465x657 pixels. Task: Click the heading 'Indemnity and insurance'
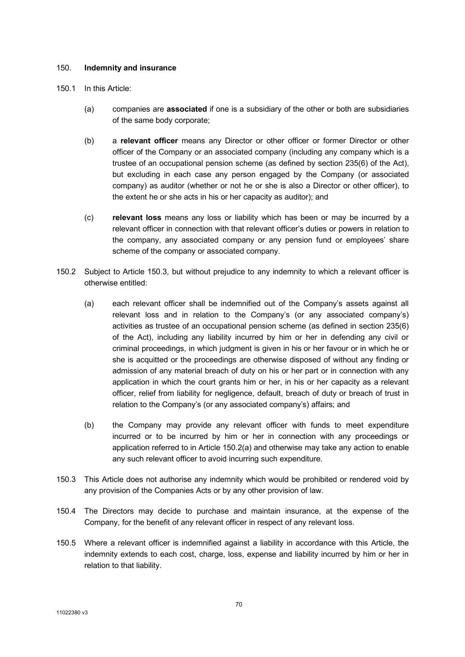pyautogui.click(x=130, y=68)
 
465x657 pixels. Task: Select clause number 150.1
pyautogui.click(x=66, y=89)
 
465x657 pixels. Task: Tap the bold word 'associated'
pyautogui.click(x=186, y=109)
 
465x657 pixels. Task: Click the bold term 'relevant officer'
pyautogui.click(x=149, y=141)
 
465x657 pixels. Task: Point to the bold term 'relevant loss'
pyautogui.click(x=137, y=218)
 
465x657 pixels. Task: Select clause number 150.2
pyautogui.click(x=66, y=272)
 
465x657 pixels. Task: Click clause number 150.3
pyautogui.click(x=66, y=479)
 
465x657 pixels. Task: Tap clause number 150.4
pyautogui.click(x=66, y=511)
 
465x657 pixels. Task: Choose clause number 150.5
pyautogui.click(x=66, y=543)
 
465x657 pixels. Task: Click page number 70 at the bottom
pyautogui.click(x=239, y=605)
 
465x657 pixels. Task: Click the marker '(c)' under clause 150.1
pyautogui.click(x=89, y=218)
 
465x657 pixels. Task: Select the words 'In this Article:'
pyautogui.click(x=107, y=89)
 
